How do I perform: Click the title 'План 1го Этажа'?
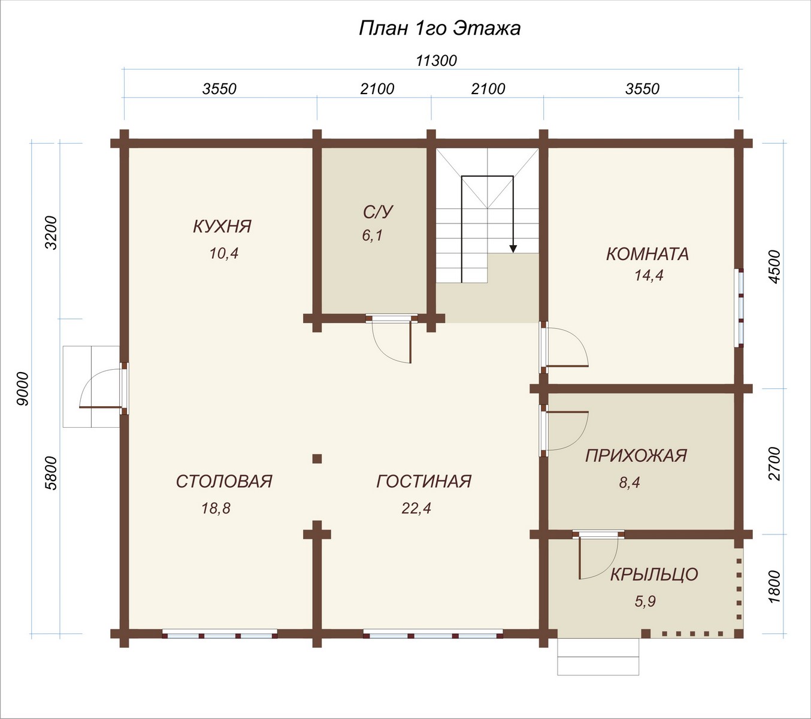[440, 29]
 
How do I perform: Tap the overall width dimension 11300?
[436, 61]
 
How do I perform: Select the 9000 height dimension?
[23, 389]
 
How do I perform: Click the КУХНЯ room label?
[222, 226]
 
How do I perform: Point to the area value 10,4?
[224, 253]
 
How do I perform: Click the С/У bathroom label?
[379, 212]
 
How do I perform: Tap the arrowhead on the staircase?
[513, 249]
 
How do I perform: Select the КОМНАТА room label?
[647, 254]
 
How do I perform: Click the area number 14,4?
[649, 275]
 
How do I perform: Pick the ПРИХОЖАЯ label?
[636, 455]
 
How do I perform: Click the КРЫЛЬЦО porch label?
[654, 575]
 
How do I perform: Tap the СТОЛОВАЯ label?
[224, 481]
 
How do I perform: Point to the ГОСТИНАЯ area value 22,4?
[416, 508]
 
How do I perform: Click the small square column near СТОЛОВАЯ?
[317, 458]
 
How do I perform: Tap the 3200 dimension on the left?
[52, 232]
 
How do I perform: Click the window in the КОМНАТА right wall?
[739, 308]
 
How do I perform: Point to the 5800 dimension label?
[52, 473]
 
